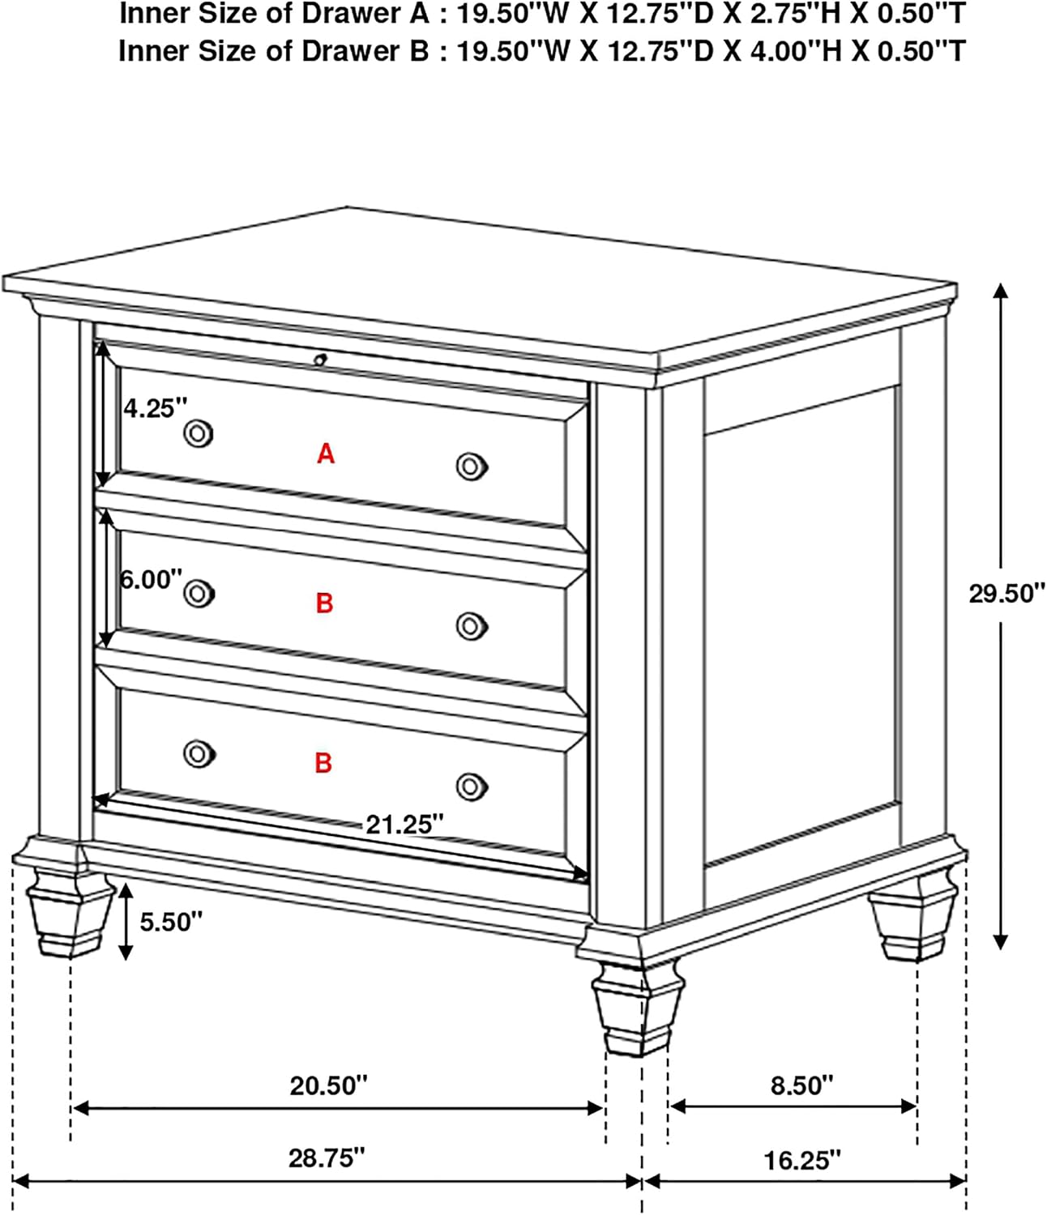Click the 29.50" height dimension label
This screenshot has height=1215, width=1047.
(1007, 593)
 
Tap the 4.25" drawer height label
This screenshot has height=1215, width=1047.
(156, 407)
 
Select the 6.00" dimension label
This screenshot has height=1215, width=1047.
(152, 580)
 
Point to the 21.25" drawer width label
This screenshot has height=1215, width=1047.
(404, 824)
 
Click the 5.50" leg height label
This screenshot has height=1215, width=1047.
(171, 922)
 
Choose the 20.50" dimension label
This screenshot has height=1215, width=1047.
(328, 1085)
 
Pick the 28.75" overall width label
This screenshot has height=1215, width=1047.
(327, 1158)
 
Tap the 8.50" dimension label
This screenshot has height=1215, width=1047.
(802, 1085)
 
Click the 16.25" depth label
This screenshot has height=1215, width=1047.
(802, 1161)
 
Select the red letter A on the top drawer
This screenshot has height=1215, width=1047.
(326, 454)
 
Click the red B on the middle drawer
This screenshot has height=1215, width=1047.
(325, 603)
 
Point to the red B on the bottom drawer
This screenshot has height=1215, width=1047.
(323, 763)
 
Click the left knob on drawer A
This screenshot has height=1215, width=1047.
(199, 434)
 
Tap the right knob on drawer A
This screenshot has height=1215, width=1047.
(472, 467)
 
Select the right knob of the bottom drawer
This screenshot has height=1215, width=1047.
(472, 787)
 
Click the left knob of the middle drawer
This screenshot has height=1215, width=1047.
(199, 594)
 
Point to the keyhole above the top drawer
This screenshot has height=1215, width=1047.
(320, 360)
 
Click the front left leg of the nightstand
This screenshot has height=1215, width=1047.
(69, 912)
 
